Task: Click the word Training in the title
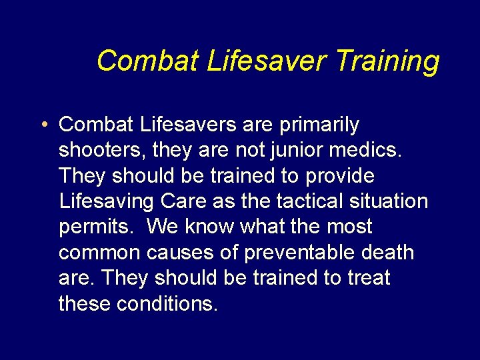387,61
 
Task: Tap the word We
162,227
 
